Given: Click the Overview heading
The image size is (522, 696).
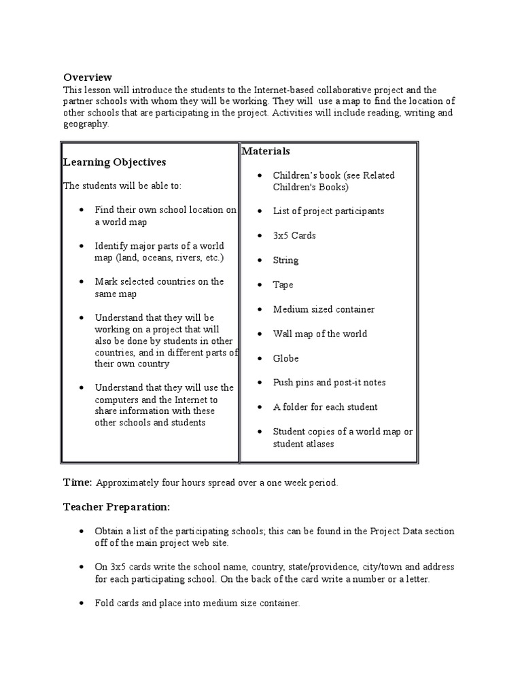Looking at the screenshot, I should [88, 77].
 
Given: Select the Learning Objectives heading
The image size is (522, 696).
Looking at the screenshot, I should [114, 162].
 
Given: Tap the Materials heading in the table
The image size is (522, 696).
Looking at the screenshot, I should [266, 151].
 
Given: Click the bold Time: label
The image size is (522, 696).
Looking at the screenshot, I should [77, 483].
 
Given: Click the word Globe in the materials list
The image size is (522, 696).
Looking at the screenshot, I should [285, 358].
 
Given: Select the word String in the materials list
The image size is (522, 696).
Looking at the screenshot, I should [285, 260].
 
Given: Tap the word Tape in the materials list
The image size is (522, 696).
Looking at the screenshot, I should [283, 285].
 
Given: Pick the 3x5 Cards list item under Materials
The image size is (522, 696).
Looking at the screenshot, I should [294, 236].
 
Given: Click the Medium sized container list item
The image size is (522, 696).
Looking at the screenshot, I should [324, 309].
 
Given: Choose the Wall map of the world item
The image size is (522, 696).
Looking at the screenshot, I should [319, 334].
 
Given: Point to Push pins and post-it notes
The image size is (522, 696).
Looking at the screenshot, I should [329, 383].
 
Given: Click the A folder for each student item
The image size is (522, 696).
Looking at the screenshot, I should [325, 407].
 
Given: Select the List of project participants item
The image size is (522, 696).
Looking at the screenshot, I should [328, 211].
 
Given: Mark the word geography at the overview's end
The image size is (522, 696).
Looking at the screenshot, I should [85, 124].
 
